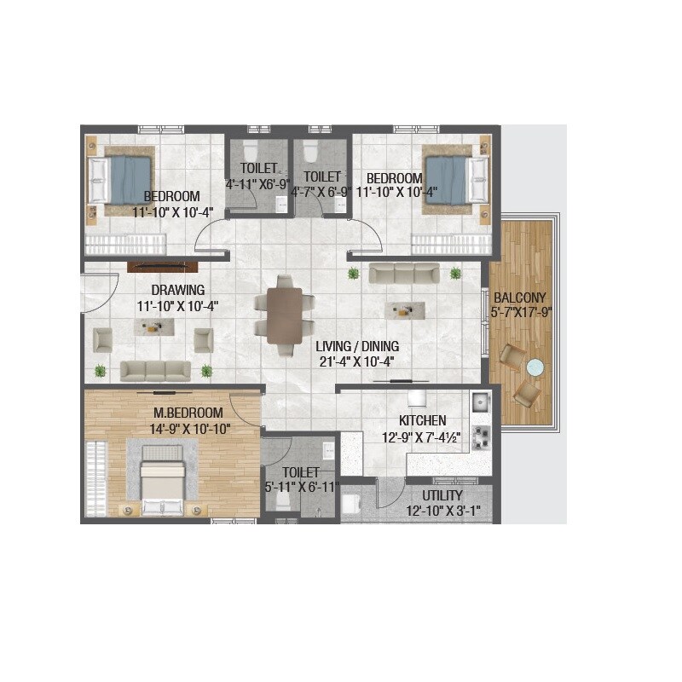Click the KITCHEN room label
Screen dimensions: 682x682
point(423,421)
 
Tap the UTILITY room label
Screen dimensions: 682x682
point(442,495)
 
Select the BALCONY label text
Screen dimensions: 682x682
point(520,298)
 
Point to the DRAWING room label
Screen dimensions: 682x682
point(178,290)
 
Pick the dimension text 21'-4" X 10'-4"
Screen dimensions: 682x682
point(358,361)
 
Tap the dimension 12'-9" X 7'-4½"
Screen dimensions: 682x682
point(422,437)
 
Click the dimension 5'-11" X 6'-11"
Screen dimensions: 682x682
point(303,487)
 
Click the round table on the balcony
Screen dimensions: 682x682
point(535,367)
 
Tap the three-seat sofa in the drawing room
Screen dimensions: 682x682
point(155,370)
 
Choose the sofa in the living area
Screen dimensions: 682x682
point(404,273)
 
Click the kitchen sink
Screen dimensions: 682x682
point(480,400)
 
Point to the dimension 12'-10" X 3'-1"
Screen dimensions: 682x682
point(442,511)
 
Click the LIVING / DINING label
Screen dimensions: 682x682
point(357,347)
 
